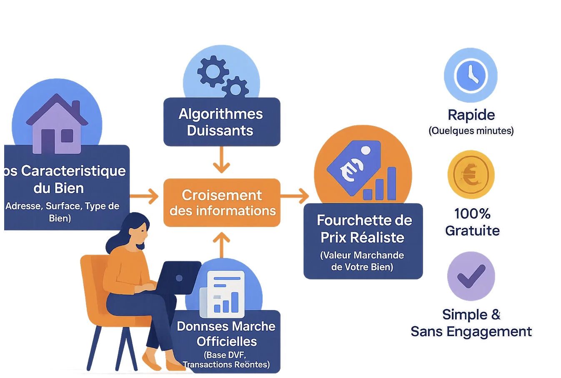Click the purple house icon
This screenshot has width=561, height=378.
(x=57, y=124)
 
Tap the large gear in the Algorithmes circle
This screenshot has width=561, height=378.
(x=213, y=71)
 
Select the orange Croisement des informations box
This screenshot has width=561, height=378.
(x=222, y=203)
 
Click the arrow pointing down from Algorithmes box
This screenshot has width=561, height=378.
(x=221, y=160)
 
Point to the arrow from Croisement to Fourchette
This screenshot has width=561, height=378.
(x=295, y=196)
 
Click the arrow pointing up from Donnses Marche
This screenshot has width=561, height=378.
(x=221, y=245)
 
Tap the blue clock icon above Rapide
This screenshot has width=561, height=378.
(x=471, y=75)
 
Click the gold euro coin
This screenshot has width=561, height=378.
(x=471, y=175)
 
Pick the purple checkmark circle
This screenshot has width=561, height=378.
(x=471, y=276)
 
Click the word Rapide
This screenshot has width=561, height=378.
(x=471, y=115)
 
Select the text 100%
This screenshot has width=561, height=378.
(x=472, y=214)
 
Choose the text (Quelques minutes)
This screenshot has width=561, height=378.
(x=471, y=131)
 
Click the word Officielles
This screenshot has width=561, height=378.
(x=227, y=342)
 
